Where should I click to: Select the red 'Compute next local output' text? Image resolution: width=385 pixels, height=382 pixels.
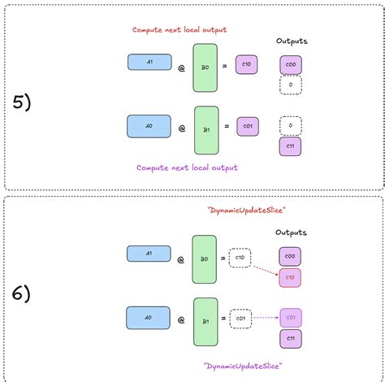[x=180, y=30]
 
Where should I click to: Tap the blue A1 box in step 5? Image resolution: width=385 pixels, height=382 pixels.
[x=149, y=62]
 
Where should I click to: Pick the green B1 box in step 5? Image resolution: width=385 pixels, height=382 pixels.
[x=206, y=129]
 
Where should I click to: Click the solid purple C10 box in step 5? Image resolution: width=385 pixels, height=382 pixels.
[x=247, y=63]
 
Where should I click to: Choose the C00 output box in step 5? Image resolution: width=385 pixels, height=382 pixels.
[x=291, y=65]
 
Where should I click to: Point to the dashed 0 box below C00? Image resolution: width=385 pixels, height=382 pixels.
[x=291, y=84]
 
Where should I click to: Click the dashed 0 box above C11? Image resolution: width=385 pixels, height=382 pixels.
[x=291, y=126]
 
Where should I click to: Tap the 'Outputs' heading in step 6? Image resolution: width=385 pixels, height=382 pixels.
[x=292, y=232]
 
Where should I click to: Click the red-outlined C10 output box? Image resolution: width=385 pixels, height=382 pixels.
[x=291, y=278]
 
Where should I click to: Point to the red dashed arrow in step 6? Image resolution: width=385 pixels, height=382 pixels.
[x=265, y=270]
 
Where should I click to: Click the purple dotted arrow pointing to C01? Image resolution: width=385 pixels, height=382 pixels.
[x=266, y=318]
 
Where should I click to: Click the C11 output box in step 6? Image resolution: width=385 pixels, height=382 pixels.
[x=291, y=336]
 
